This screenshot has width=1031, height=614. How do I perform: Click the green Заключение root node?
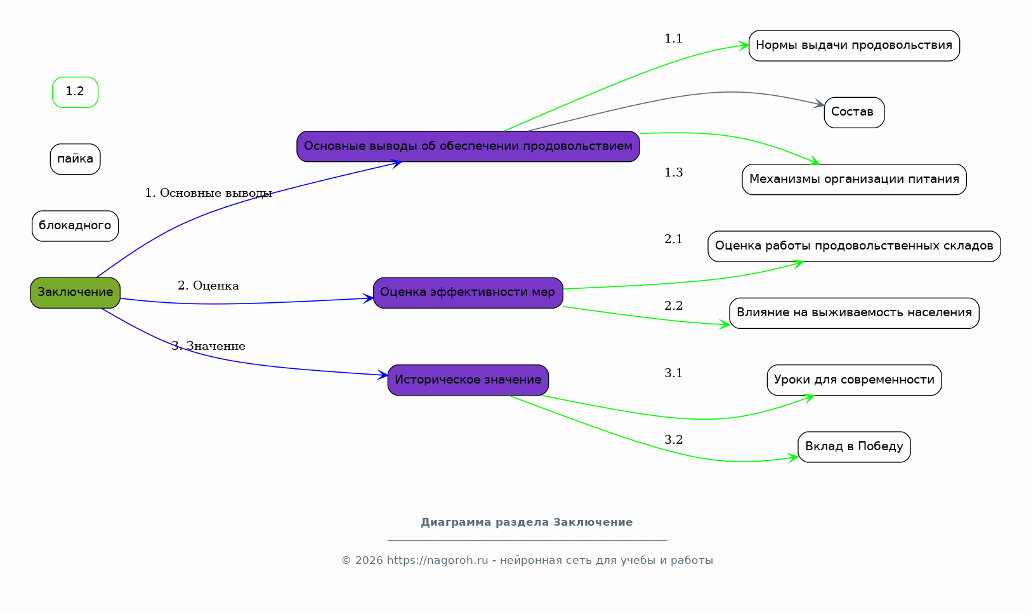[x=75, y=293]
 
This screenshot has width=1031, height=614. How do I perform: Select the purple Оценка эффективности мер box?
[x=468, y=293]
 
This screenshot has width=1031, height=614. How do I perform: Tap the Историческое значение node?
[x=468, y=380]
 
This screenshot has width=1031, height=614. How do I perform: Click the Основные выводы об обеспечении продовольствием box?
[x=468, y=147]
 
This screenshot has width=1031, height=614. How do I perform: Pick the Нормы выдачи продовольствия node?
[x=854, y=46]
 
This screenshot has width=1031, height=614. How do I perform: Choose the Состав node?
[x=854, y=112]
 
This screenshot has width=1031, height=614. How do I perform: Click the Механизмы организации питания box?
[x=854, y=180]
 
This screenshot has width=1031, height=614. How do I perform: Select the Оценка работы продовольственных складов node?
[x=854, y=246]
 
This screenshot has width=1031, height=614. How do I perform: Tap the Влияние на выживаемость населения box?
[x=854, y=313]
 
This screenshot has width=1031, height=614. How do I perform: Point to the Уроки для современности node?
[x=854, y=380]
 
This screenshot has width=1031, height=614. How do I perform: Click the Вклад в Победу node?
[x=854, y=447]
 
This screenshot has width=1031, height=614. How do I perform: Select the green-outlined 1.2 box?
[x=75, y=92]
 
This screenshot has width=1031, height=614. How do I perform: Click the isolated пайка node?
[x=75, y=159]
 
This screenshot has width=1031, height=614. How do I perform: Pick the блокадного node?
[x=75, y=225]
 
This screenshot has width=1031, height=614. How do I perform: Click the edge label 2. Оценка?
[x=209, y=286]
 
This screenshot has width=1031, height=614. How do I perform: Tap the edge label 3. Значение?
[x=209, y=346]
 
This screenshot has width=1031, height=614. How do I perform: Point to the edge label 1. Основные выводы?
[x=209, y=193]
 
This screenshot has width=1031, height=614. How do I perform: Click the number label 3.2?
[x=673, y=440]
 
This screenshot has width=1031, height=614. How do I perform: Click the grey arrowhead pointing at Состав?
[x=819, y=103]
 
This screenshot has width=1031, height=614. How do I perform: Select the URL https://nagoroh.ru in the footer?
[x=437, y=561]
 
